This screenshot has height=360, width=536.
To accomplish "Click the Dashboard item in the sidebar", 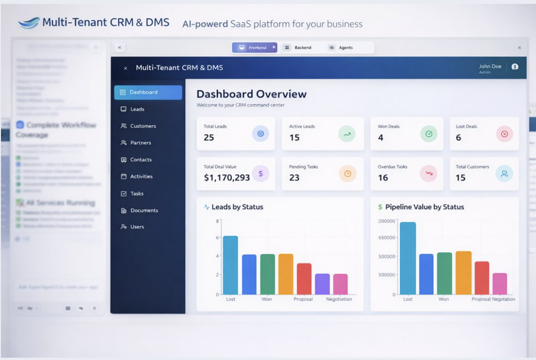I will [x=148, y=92].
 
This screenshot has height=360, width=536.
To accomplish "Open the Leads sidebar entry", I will [x=137, y=109].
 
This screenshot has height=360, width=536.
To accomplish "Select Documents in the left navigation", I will [x=144, y=211].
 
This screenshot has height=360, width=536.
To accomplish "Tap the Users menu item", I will [x=137, y=227].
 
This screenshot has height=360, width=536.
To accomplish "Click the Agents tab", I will [x=345, y=48].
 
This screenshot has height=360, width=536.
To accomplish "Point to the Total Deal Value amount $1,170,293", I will [x=227, y=178].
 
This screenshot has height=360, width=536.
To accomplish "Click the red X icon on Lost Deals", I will [x=504, y=134].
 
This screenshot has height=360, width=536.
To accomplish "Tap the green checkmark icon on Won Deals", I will [x=429, y=134].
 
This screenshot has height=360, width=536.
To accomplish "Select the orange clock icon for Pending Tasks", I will [x=348, y=174].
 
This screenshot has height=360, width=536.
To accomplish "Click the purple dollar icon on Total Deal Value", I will [x=260, y=174].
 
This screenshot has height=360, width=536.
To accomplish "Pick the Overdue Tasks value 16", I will [x=383, y=178].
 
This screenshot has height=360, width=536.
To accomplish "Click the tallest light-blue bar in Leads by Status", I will [x=230, y=265].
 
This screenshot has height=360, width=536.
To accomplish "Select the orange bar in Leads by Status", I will [x=285, y=274].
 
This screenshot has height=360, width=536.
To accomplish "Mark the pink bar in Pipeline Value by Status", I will [x=500, y=283].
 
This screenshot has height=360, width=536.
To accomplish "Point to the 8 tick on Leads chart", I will [x=218, y=221].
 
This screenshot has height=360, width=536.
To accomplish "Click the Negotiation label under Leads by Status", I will [x=339, y=299].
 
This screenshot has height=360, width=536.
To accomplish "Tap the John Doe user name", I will [x=490, y=66].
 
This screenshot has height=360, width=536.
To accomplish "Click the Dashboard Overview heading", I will [x=251, y=94].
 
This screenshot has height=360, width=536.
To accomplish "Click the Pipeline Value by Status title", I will [x=424, y=207].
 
